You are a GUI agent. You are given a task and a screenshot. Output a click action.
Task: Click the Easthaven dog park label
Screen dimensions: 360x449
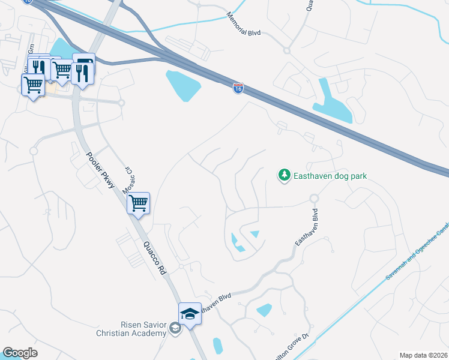click(330, 176)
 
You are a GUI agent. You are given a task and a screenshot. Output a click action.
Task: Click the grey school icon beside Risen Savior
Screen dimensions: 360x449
click(174, 328)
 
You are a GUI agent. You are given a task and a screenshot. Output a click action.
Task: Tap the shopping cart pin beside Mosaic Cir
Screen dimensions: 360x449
click(139, 203)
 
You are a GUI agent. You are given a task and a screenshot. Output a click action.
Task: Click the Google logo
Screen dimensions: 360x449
click(20, 353)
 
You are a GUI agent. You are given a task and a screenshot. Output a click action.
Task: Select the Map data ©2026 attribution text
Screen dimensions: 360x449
click(423, 355)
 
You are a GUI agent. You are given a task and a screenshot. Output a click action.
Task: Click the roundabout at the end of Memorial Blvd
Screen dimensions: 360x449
click(287, 50)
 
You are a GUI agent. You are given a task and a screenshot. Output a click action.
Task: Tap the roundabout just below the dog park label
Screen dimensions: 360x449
click(313, 199)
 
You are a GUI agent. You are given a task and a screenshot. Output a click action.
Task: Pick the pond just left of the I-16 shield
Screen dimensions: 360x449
click(184, 85)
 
